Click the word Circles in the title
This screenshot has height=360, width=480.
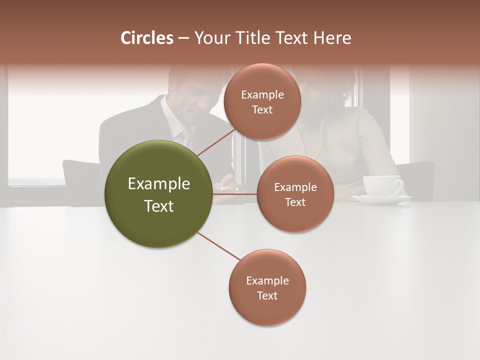[146, 38]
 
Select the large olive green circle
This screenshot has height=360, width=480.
[158, 193]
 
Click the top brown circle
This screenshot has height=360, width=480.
[262, 102]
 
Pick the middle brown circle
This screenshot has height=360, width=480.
[295, 194]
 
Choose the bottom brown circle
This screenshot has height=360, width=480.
[267, 287]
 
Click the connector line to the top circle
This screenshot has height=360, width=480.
[216, 142]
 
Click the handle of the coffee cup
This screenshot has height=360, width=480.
[398, 186]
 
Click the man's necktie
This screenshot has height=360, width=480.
[186, 136]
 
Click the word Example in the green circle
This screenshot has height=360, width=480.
[158, 184]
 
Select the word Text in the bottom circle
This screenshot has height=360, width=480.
[267, 295]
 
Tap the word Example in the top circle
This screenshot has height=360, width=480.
[262, 94]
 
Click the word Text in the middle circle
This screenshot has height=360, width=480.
[295, 202]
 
